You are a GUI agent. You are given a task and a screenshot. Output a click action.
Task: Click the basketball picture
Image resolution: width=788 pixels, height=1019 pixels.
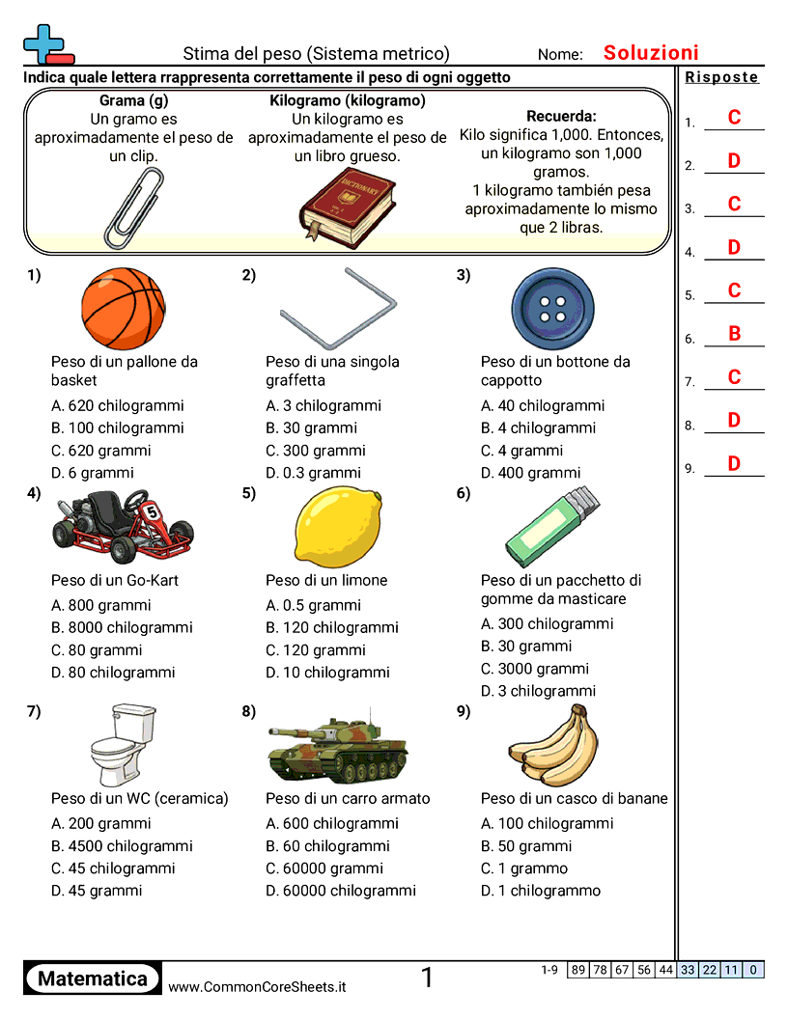click(123, 309)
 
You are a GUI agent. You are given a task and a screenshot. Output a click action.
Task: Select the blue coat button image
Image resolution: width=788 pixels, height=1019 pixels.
click(551, 309)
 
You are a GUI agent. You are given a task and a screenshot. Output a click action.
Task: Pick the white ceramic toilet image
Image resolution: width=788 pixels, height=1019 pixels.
click(123, 747)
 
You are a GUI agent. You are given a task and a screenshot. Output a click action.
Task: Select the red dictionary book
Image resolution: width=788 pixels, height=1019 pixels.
click(347, 205)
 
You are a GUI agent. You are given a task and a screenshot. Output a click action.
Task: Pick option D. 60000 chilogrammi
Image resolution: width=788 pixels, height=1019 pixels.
click(341, 891)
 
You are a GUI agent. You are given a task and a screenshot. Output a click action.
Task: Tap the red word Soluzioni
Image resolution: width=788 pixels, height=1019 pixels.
click(651, 53)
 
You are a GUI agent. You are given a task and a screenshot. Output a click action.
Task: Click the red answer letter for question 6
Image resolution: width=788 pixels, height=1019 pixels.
click(734, 334)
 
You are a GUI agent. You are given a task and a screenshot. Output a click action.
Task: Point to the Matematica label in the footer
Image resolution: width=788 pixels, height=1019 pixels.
click(93, 978)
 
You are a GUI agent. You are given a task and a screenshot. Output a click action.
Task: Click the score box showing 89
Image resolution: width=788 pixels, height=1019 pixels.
click(578, 970)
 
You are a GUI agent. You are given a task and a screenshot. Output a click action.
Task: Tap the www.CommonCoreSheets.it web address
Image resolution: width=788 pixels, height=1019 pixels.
click(257, 987)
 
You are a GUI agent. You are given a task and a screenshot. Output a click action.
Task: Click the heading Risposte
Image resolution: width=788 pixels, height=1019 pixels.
click(722, 77)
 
